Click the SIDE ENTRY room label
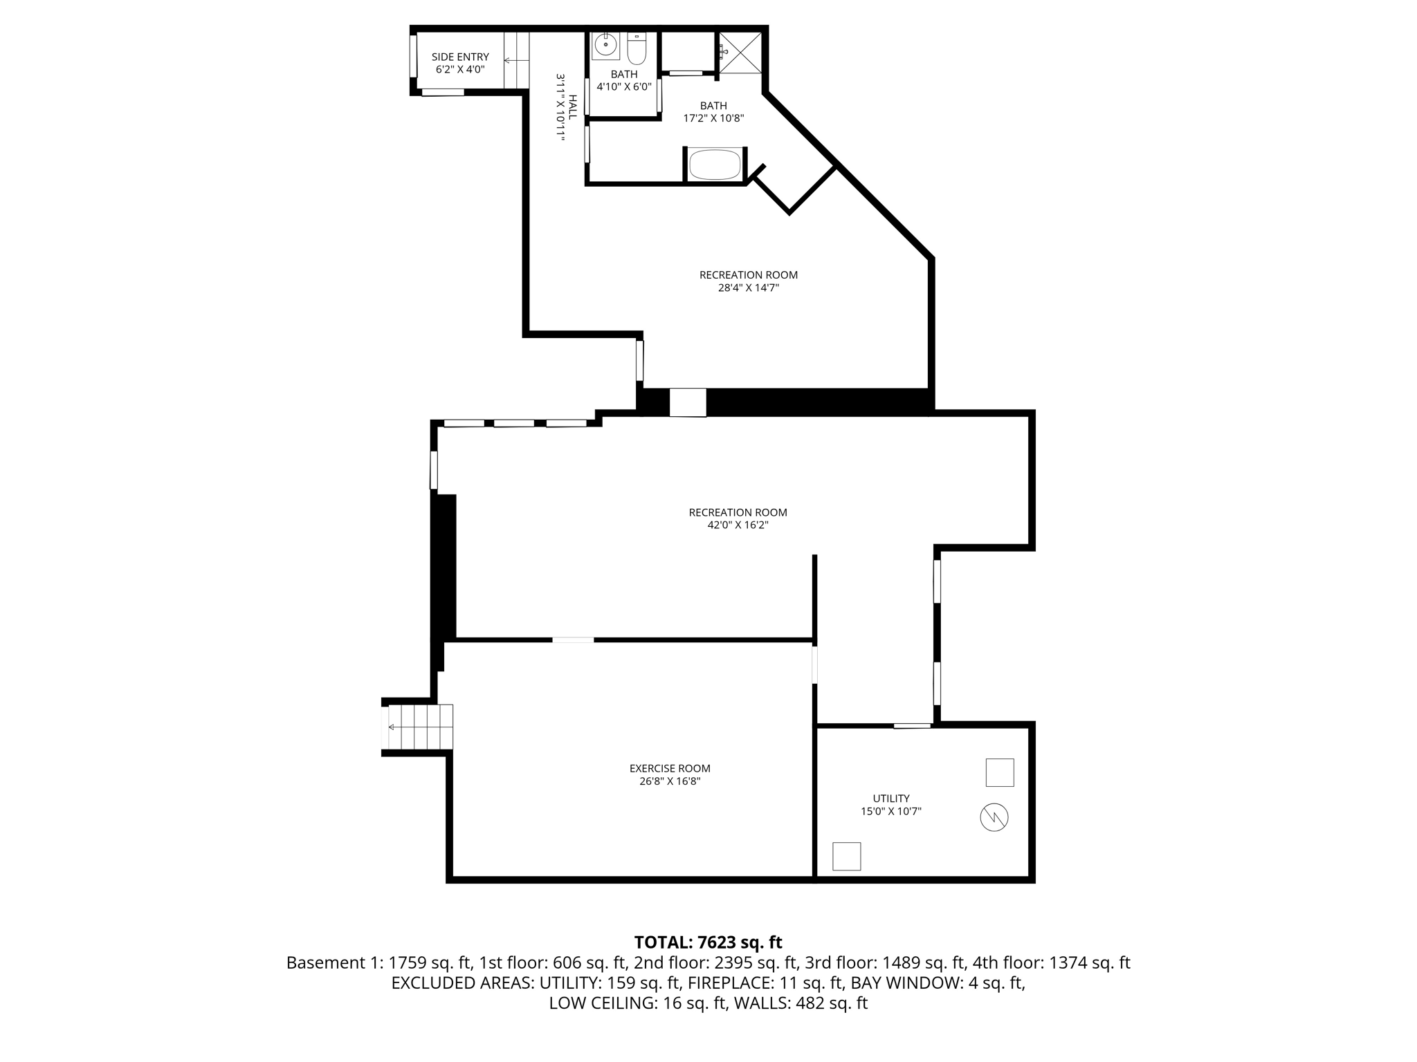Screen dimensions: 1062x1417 click(460, 57)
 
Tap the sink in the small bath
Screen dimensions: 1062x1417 click(606, 46)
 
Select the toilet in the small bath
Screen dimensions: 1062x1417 click(637, 48)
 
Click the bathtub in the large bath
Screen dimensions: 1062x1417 click(715, 165)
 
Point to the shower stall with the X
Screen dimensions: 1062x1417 click(740, 52)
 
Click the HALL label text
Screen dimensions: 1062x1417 click(572, 107)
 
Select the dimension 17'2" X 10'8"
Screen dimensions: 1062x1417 click(713, 118)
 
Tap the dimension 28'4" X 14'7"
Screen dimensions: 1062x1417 click(748, 288)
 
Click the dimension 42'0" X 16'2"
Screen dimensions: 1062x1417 click(738, 525)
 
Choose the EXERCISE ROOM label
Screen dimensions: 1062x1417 click(670, 768)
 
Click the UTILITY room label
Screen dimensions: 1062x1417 click(891, 798)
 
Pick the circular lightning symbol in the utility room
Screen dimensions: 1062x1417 click(994, 818)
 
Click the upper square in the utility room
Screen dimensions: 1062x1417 click(1000, 772)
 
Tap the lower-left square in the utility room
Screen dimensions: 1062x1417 click(846, 856)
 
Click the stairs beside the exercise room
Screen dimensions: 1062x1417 click(419, 727)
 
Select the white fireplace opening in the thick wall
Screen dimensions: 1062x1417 click(688, 402)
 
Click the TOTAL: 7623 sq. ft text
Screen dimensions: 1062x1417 click(708, 942)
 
